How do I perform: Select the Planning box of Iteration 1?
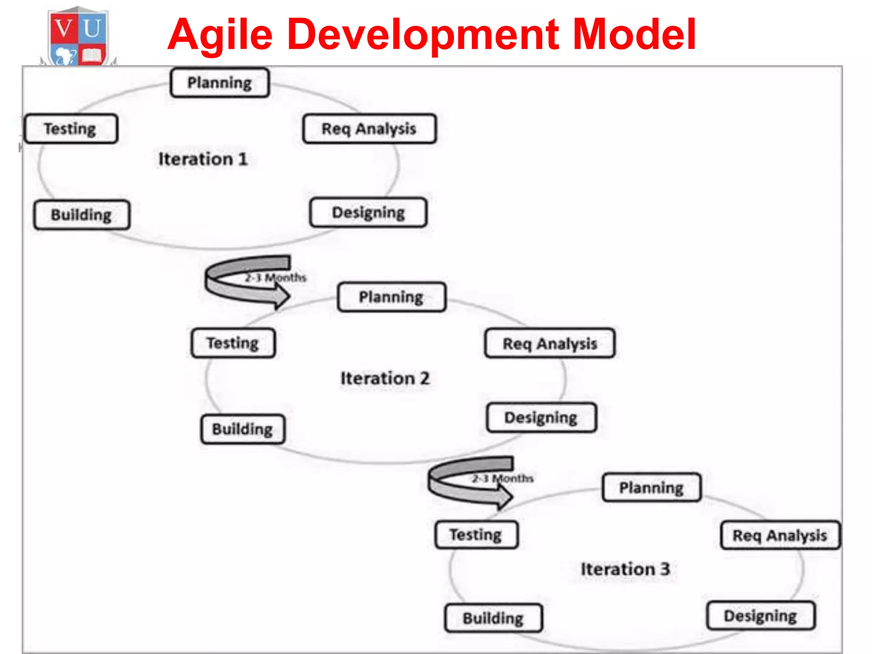pyautogui.click(x=220, y=83)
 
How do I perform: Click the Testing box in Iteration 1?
pyautogui.click(x=71, y=129)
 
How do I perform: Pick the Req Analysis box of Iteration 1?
pyautogui.click(x=369, y=129)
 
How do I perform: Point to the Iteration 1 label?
pyautogui.click(x=203, y=159)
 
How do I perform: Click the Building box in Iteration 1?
pyautogui.click(x=82, y=215)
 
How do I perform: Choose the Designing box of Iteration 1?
pyautogui.click(x=368, y=212)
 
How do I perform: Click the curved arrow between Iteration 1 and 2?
pyautogui.click(x=247, y=281)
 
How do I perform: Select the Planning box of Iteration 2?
pyautogui.click(x=391, y=297)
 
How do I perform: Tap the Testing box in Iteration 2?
pyautogui.click(x=233, y=343)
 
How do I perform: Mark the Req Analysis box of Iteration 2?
pyautogui.click(x=550, y=343)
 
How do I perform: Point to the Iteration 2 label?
pyautogui.click(x=385, y=378)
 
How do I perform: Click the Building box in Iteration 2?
pyautogui.click(x=243, y=429)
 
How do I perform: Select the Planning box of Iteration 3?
pyautogui.click(x=651, y=488)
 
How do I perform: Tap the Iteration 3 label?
pyautogui.click(x=625, y=569)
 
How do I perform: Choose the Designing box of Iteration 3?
pyautogui.click(x=760, y=616)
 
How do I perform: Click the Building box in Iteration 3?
pyautogui.click(x=493, y=618)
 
